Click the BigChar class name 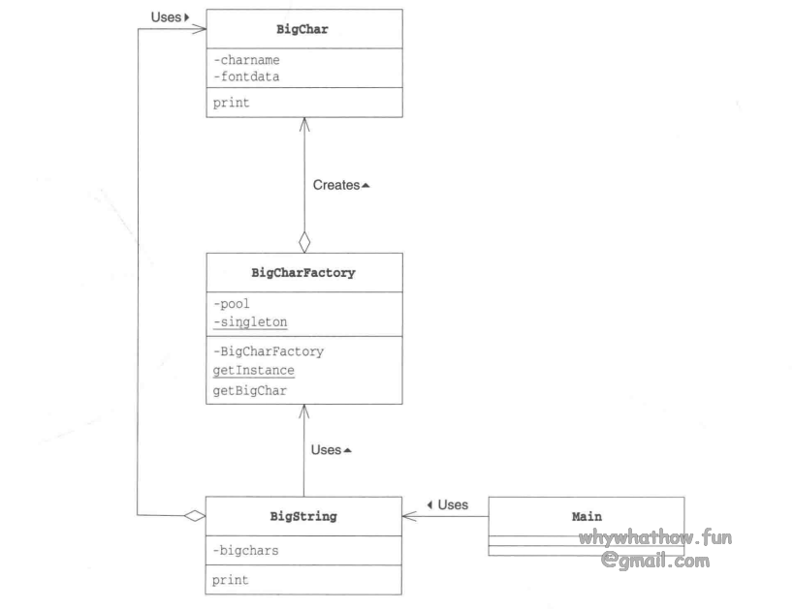click(x=303, y=29)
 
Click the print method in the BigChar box click(x=231, y=102)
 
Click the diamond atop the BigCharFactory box click(x=304, y=242)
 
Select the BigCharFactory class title click(x=303, y=273)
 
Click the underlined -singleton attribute click(x=250, y=321)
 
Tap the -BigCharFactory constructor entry click(x=269, y=351)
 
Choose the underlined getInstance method click(x=253, y=370)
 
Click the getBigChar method click(x=249, y=390)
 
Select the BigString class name click(x=303, y=517)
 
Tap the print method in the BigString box click(x=231, y=580)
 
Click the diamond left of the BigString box click(x=195, y=517)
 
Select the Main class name click(x=587, y=517)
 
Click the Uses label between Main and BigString click(x=448, y=505)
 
